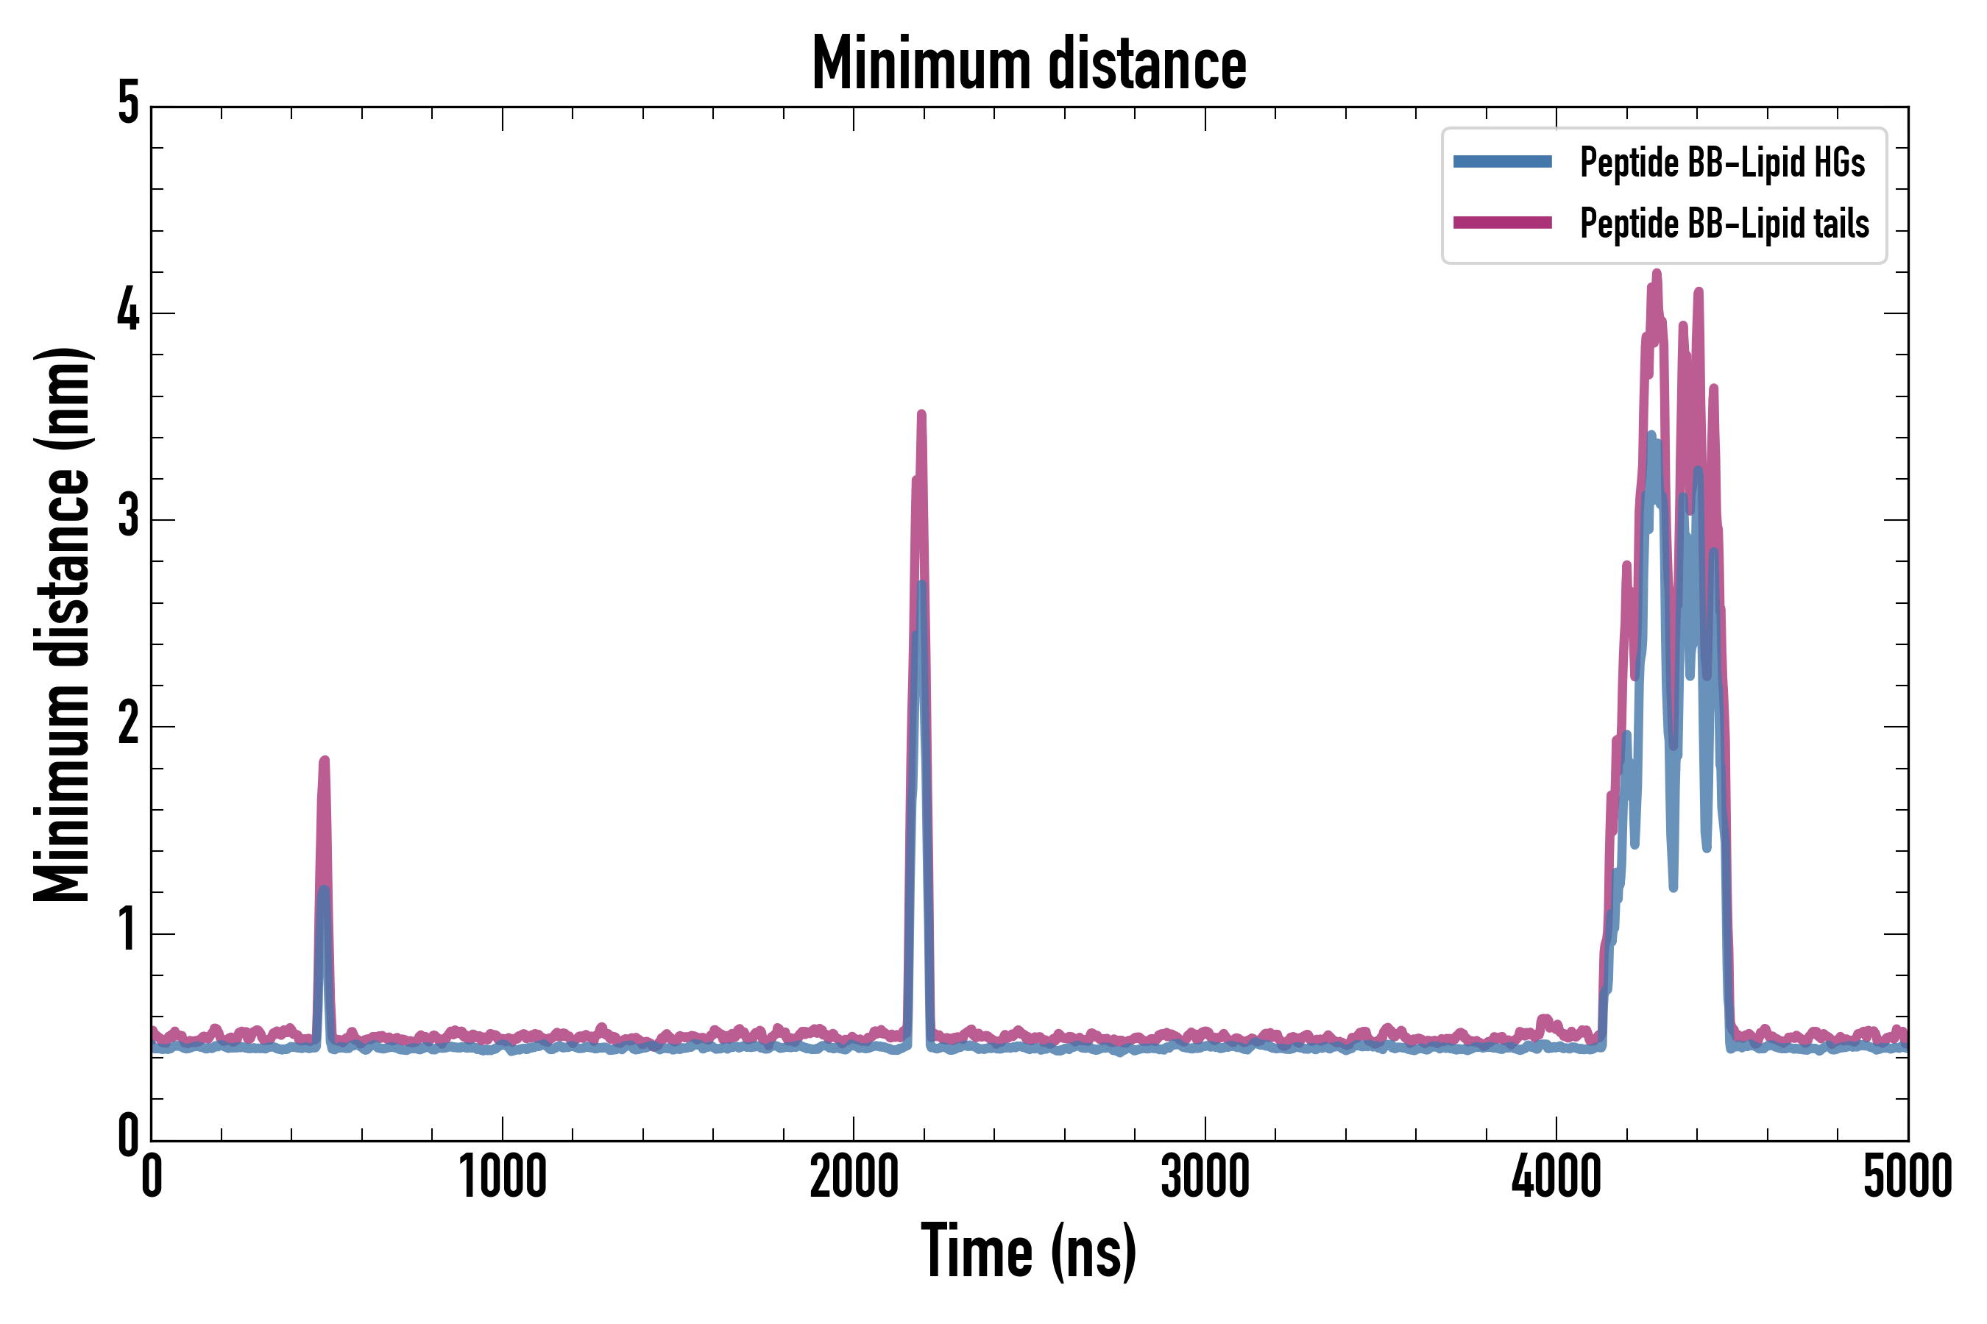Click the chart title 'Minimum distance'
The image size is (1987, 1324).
tap(1028, 64)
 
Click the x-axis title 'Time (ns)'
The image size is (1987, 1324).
tap(1028, 1251)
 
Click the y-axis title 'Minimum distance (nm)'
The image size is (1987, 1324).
tap(62, 624)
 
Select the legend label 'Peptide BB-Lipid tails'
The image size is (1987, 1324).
tap(1724, 224)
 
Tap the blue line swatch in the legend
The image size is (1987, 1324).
tap(1502, 162)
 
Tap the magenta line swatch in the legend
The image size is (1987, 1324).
tap(1502, 223)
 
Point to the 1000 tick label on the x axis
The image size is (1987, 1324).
tap(503, 1177)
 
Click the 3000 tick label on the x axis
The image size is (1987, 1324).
tap(1205, 1177)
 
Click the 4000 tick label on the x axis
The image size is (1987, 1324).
tap(1556, 1177)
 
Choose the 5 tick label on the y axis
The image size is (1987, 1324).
tap(128, 104)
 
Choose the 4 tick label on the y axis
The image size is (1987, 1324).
tap(128, 312)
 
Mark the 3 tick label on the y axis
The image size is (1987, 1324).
tap(128, 518)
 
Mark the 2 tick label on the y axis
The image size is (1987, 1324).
tap(128, 725)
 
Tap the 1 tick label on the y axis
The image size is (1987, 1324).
tap(128, 931)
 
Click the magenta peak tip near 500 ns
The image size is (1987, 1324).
tap(324, 761)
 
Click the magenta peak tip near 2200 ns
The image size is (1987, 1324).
tap(921, 415)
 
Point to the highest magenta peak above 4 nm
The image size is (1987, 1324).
tap(1657, 273)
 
